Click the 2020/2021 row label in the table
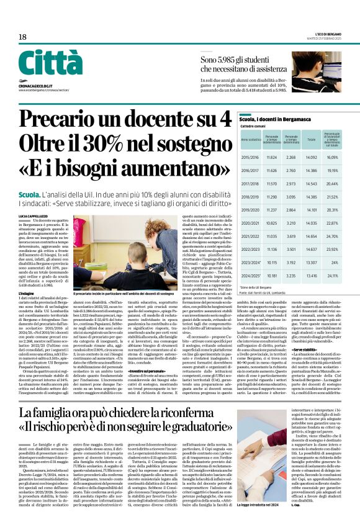pos(251,222)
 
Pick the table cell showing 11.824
pos(271,158)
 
